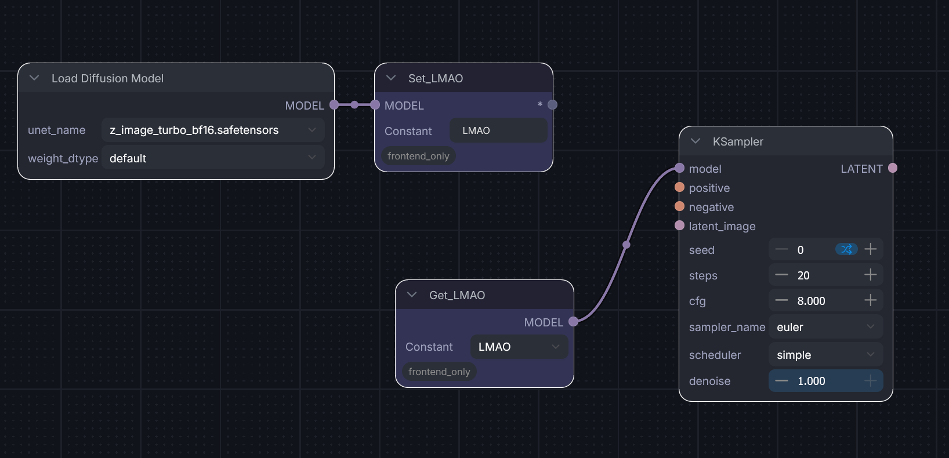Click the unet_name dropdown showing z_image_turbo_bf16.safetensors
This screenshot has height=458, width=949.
(212, 130)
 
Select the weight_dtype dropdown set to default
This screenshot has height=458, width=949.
(212, 158)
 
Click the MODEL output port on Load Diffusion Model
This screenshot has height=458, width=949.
(334, 105)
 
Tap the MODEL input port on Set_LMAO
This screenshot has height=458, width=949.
(375, 105)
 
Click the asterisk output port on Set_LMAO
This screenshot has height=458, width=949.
(552, 105)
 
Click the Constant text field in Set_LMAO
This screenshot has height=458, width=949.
(498, 130)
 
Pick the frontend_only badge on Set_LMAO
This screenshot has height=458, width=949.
(418, 156)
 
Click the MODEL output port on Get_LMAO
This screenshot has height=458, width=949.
(573, 322)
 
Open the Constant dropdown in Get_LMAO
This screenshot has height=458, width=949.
(519, 347)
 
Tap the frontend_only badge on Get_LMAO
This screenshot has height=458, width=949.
(439, 372)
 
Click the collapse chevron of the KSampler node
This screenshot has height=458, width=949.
(696, 141)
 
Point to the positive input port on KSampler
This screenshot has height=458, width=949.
(680, 187)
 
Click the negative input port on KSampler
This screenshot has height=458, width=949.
(680, 206)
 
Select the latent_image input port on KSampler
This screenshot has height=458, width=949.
(680, 226)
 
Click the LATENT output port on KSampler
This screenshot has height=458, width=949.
(893, 168)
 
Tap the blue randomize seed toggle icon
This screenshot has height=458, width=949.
(846, 249)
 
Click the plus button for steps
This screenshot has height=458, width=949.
(870, 275)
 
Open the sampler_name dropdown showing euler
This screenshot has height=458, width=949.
(825, 327)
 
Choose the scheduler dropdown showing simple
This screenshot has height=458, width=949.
(825, 355)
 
